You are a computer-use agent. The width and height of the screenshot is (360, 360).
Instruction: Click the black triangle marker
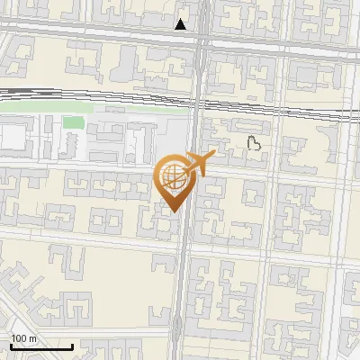click(x=182, y=24)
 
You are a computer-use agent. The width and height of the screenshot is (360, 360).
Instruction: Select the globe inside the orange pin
click(x=171, y=178)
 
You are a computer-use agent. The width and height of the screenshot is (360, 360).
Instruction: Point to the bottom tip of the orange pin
click(x=172, y=211)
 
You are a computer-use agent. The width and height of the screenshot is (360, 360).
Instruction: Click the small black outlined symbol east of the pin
click(x=255, y=141)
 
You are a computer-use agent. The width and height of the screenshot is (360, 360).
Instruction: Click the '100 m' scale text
click(x=24, y=338)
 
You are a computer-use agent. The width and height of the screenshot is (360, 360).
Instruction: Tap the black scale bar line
click(x=41, y=346)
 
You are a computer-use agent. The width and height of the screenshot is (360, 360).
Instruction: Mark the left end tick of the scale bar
click(x=11, y=346)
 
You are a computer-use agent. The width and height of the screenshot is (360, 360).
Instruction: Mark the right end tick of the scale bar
click(x=72, y=346)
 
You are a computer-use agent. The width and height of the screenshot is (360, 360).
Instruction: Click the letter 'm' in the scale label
click(x=32, y=338)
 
